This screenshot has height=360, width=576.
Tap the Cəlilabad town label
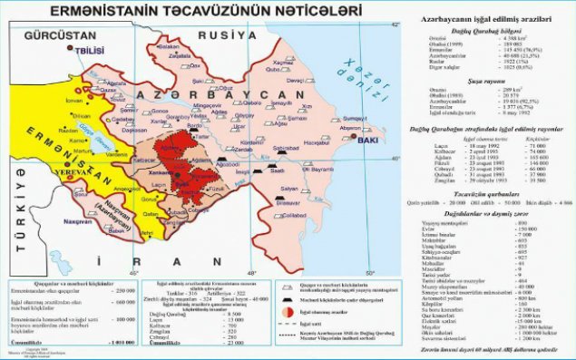291,216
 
